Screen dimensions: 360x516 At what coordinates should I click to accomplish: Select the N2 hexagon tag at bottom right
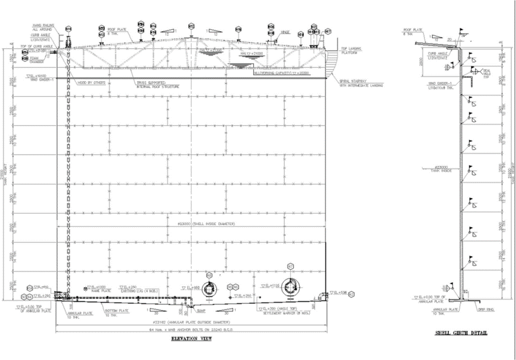pyautogui.click(x=351, y=293)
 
